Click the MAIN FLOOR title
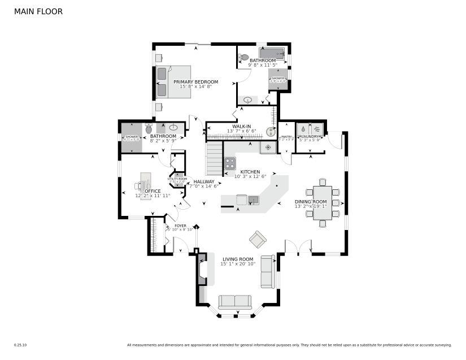click(x=38, y=11)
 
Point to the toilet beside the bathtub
click(x=243, y=57)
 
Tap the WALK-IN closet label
click(x=242, y=127)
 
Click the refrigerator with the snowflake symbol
click(x=268, y=148)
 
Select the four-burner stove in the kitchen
click(x=230, y=163)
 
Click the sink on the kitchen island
click(x=254, y=199)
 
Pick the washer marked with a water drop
click(x=303, y=129)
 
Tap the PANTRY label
click(x=286, y=136)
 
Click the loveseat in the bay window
click(x=235, y=302)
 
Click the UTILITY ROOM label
click(x=177, y=179)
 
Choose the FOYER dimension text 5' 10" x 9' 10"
click(x=180, y=229)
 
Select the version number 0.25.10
click(x=20, y=345)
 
